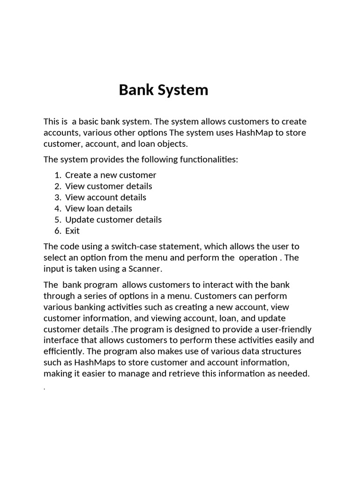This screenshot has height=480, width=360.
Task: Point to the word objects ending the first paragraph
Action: pos(172,144)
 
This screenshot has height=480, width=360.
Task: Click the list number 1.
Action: pos(58,175)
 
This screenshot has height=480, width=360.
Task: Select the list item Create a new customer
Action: pos(111,175)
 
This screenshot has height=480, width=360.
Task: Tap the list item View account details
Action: pos(105,197)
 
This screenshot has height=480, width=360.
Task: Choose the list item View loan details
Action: pos(98,209)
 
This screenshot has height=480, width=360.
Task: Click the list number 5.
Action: pos(58,220)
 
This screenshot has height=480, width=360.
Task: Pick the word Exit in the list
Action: pos(72,231)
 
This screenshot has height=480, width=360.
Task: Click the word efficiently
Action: pos(64,351)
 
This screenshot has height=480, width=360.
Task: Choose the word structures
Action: pos(280,351)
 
